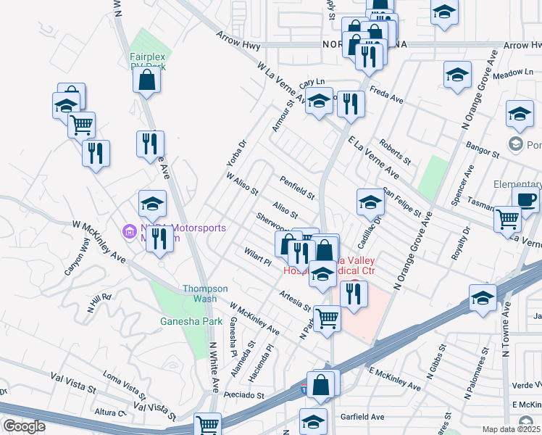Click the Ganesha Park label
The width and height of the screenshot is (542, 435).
(x=180, y=320)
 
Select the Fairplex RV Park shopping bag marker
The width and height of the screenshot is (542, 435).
(x=146, y=82)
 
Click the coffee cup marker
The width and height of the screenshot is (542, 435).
(x=525, y=199)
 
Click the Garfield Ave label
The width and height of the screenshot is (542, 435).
(x=362, y=417)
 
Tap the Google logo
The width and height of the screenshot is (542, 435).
(x=24, y=426)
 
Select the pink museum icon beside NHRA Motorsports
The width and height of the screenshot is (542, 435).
(x=130, y=233)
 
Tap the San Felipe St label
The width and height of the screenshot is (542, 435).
(x=402, y=202)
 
